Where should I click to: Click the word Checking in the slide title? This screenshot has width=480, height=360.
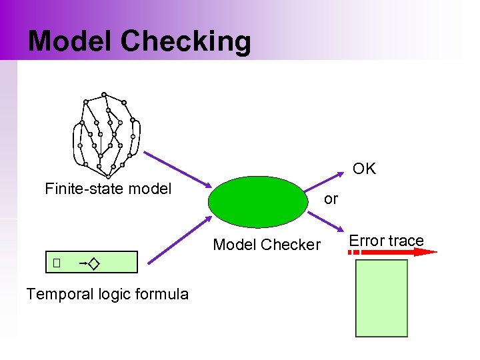pos(186,41)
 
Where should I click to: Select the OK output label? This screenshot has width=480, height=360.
pos(364,169)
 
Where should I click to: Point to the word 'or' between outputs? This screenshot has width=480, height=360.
pos(331,199)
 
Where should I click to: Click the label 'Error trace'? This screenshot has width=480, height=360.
pos(387,241)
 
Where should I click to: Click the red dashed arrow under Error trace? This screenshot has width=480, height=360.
pos(393,252)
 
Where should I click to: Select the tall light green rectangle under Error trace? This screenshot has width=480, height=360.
pos(381,298)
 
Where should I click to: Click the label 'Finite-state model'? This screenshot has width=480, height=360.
pos(108,189)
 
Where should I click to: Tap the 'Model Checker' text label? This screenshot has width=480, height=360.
pos(267,245)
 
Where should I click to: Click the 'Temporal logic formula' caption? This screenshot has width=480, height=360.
pos(107,294)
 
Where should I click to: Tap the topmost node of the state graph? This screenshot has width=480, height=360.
pos(104,94)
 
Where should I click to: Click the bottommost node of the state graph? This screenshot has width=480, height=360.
pos(108,177)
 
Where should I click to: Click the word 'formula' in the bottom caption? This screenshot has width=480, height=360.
pos(161,294)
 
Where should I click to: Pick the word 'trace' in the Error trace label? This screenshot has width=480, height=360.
pos(405,241)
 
